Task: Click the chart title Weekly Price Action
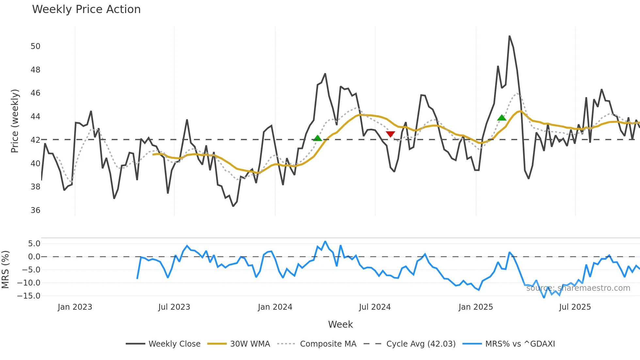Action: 86,9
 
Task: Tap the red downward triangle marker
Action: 390,134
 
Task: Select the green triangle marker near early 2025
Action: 502,118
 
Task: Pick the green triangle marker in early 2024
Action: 317,138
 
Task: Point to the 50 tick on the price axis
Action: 36,46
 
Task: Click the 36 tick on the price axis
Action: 36,210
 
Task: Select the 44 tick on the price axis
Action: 36,117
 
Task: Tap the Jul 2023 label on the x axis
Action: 174,307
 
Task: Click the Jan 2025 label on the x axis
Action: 475,307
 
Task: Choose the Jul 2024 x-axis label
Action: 375,307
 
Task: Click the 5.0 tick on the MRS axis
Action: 34,244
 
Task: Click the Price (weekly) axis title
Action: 15,121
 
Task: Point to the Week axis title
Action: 340,324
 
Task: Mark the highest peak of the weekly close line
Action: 509,36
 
